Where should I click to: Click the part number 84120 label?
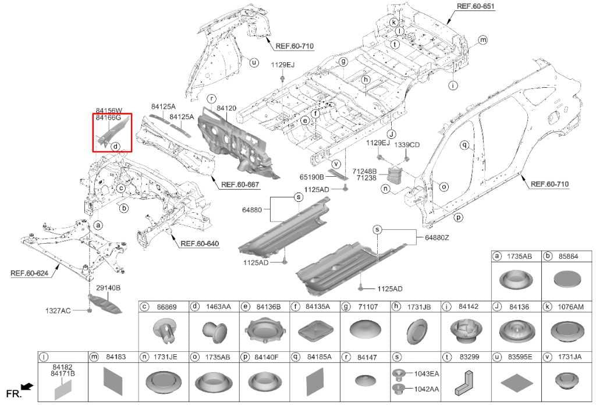click(226, 108)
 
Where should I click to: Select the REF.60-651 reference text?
click(476, 5)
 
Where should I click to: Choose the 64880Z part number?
click(437, 237)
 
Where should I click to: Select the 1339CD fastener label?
click(407, 144)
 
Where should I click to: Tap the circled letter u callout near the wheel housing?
click(254, 63)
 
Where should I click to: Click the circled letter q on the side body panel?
click(464, 145)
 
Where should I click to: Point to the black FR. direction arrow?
click(27, 387)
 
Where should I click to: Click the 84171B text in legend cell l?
click(63, 373)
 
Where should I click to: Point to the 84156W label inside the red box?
click(109, 111)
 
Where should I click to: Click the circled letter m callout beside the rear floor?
click(483, 40)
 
